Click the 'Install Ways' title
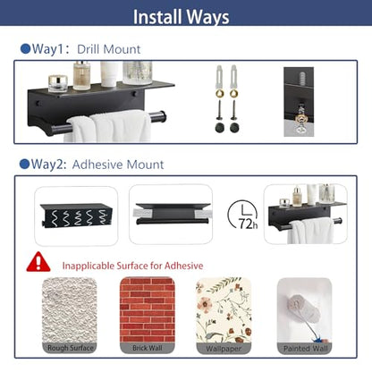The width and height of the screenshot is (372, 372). [181, 17]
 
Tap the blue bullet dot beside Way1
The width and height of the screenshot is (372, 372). [26, 49]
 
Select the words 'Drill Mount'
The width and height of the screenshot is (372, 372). [109, 49]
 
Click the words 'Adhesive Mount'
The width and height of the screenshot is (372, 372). [118, 165]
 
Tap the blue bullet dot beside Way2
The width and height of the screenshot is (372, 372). [24, 164]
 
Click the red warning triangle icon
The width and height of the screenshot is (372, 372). [38, 262]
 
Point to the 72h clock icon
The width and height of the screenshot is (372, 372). [243, 215]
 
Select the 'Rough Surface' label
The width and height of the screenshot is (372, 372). [71, 348]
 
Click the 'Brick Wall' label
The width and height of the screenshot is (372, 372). [148, 348]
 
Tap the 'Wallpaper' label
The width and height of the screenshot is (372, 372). [224, 349]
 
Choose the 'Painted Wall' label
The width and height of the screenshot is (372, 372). [305, 348]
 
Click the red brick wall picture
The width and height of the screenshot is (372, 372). [148, 310]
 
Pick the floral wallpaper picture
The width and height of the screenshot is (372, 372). [224, 310]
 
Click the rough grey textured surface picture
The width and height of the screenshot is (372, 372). [70, 310]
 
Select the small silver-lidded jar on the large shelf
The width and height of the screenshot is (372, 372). [58, 83]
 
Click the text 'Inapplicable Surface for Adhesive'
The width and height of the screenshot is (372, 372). [132, 266]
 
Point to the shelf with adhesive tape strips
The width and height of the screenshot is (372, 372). [171, 214]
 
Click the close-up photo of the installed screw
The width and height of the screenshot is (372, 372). [299, 102]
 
